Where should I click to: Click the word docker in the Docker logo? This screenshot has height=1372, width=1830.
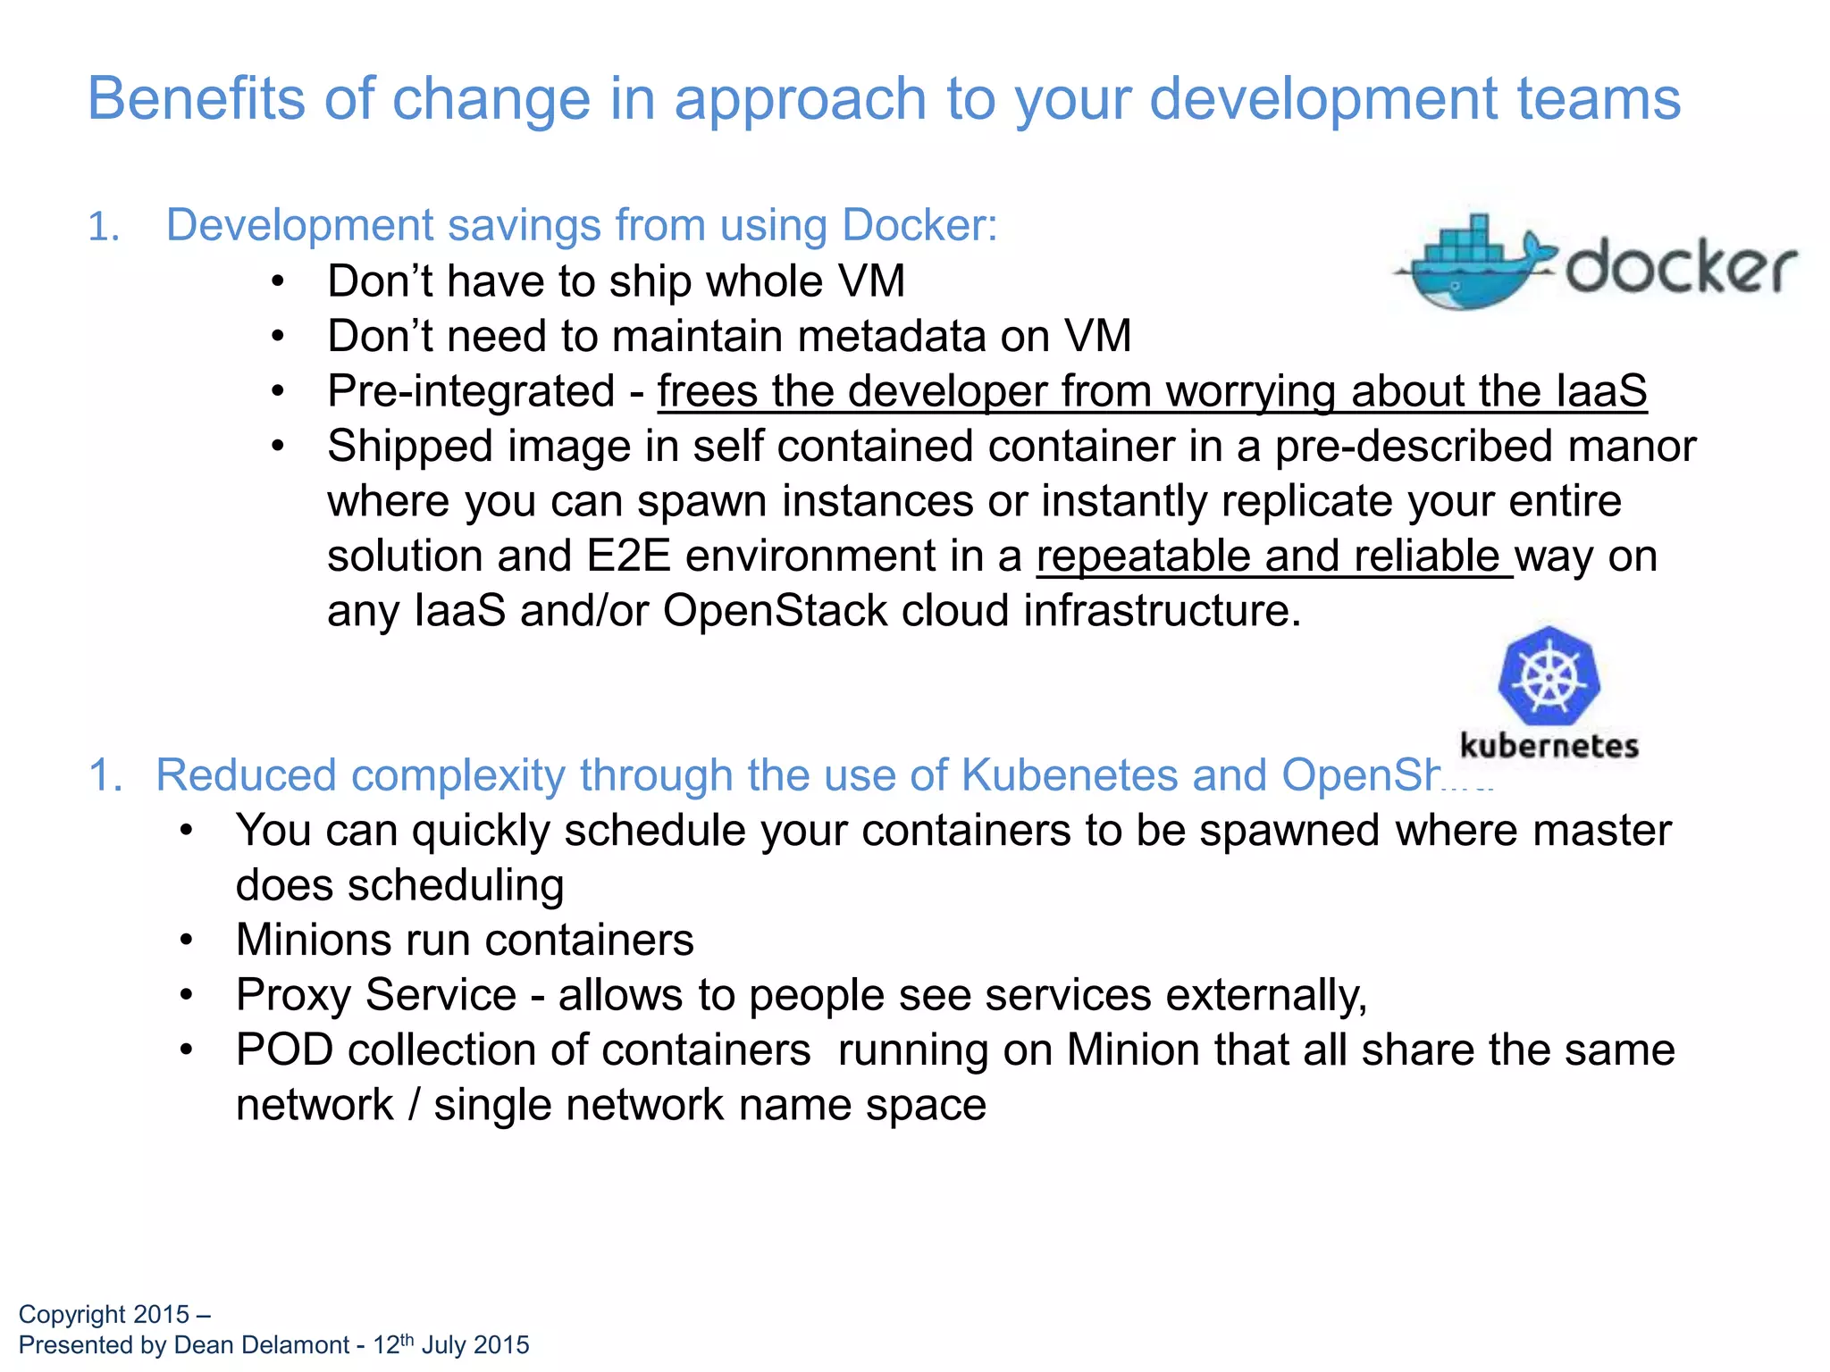1680,265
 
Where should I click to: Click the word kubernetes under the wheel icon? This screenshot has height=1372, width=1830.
1549,746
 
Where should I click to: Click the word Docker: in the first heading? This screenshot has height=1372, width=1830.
919,225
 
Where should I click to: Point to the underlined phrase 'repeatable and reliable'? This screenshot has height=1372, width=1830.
1272,556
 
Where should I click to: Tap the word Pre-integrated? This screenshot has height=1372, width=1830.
471,391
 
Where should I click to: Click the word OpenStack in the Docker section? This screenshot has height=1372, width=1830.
775,612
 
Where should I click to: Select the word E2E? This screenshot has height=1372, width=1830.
628,556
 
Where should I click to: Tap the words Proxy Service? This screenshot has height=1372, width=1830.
376,995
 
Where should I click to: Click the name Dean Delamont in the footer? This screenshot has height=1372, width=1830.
261,1345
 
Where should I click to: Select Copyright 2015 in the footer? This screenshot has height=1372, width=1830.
104,1315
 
